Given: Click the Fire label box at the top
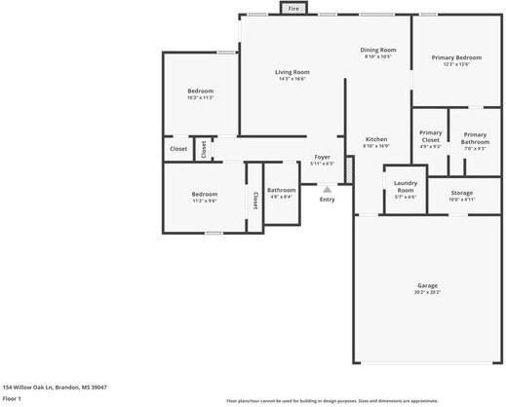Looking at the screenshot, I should click(x=293, y=9).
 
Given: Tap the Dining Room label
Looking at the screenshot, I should click(x=378, y=49).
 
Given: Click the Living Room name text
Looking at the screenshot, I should click(x=292, y=71).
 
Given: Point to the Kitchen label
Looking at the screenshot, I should click(x=376, y=139).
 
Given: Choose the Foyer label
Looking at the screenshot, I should click(x=322, y=157).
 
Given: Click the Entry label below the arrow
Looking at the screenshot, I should click(x=327, y=200).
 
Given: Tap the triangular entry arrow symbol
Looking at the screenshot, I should click(x=327, y=189).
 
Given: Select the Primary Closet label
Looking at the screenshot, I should click(x=430, y=136).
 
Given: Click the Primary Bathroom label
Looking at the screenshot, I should click(x=475, y=138).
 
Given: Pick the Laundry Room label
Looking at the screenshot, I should click(x=405, y=186).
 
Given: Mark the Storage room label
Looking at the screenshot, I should click(x=461, y=192).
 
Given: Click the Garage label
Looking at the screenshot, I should click(x=428, y=284).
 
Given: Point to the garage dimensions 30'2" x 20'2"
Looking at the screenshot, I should click(x=428, y=292).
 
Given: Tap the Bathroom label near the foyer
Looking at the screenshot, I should click(x=282, y=190).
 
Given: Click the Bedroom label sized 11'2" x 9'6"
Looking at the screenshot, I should click(x=204, y=194).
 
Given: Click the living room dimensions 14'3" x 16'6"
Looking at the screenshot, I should click(x=292, y=78).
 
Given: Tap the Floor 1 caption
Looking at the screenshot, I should click(x=12, y=398).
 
